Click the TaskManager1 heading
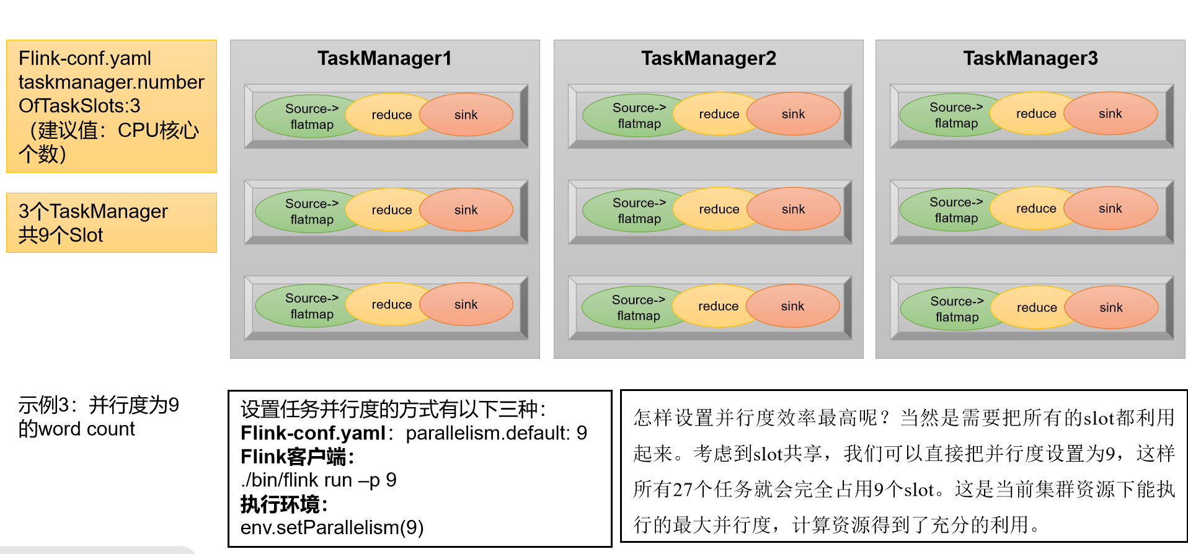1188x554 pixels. (384, 58)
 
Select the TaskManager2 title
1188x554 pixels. (708, 58)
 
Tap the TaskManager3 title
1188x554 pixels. (1030, 58)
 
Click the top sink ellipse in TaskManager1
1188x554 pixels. (466, 115)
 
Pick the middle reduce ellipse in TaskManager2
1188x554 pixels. (719, 209)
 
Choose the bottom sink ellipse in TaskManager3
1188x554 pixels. (1111, 307)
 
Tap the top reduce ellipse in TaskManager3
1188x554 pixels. (1035, 113)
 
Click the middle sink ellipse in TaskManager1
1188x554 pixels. (466, 210)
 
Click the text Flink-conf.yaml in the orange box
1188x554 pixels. (85, 58)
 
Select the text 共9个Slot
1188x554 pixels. (61, 235)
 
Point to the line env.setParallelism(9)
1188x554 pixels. (332, 527)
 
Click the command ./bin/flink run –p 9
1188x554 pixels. (318, 480)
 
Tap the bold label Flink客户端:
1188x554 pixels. (297, 457)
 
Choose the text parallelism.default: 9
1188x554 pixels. (496, 433)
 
